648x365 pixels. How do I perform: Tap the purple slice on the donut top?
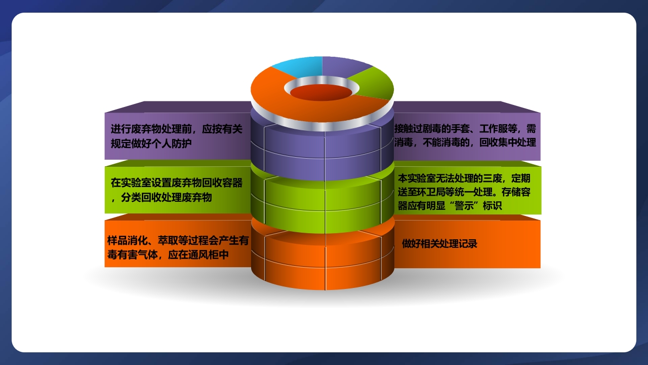click(x=344, y=66)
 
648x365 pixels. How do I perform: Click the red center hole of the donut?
click(x=321, y=92)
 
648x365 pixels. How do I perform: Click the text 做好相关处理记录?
click(x=439, y=244)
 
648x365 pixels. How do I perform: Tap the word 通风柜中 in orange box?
click(x=209, y=255)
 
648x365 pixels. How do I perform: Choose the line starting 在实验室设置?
click(x=177, y=183)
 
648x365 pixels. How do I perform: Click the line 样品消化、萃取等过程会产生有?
click(x=178, y=241)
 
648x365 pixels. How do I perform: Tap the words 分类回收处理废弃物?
click(x=167, y=197)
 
